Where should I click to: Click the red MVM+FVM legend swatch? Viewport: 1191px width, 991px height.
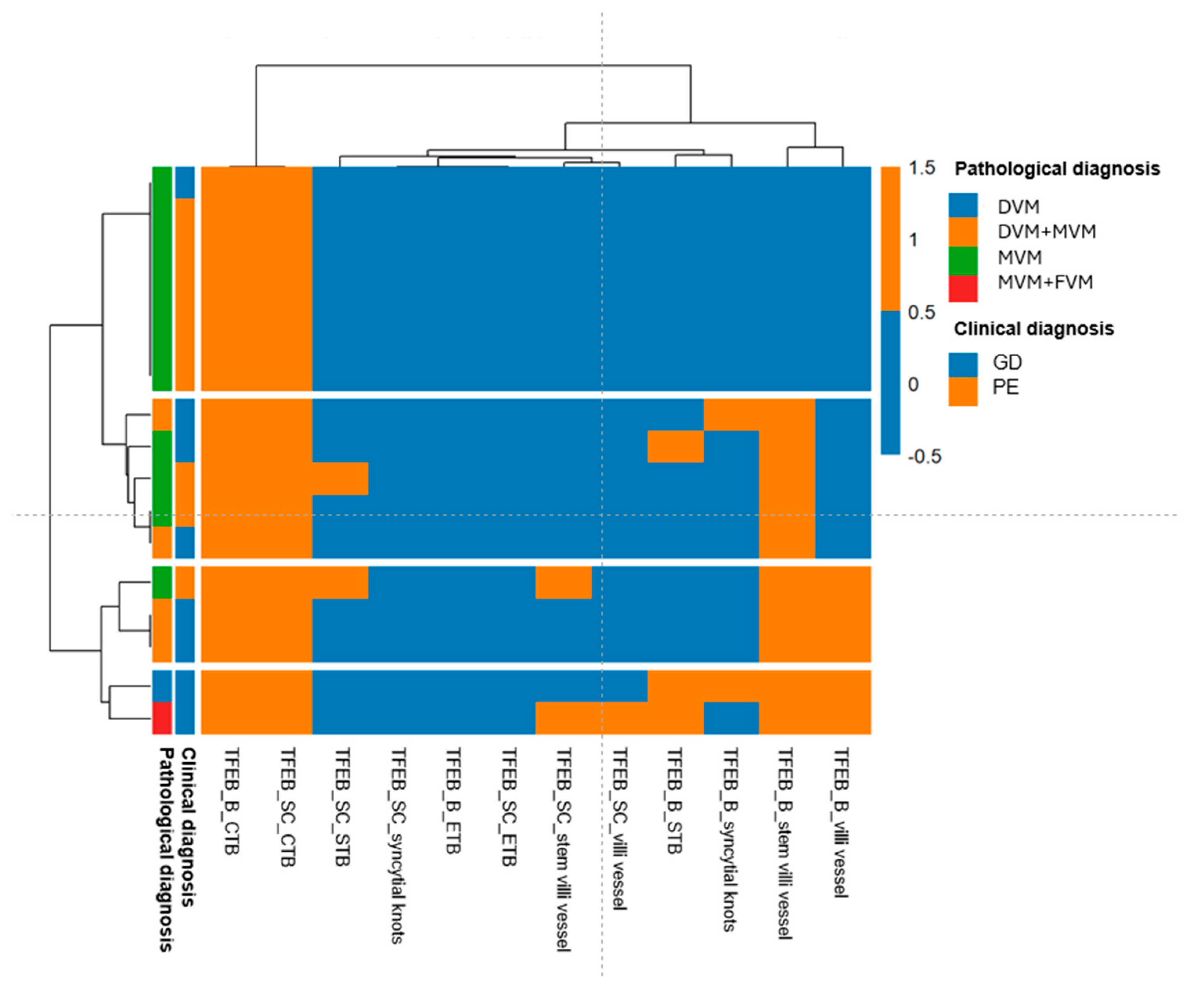tap(962, 288)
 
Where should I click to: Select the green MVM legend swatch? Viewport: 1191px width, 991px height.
tap(962, 260)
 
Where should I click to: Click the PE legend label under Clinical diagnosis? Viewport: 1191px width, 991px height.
tap(1005, 388)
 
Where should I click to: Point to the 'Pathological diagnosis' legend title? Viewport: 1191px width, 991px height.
tap(1057, 169)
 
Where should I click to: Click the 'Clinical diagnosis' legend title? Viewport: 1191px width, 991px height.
tap(1033, 329)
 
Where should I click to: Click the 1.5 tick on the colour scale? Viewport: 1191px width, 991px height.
tap(922, 168)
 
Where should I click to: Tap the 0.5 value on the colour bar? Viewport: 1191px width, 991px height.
tap(922, 312)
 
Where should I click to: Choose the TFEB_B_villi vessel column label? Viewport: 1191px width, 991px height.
tap(841, 823)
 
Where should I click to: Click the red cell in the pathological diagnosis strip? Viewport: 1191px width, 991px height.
tap(162, 718)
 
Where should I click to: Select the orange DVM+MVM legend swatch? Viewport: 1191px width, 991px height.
tap(962, 232)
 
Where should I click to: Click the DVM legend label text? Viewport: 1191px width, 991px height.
tap(1018, 207)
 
